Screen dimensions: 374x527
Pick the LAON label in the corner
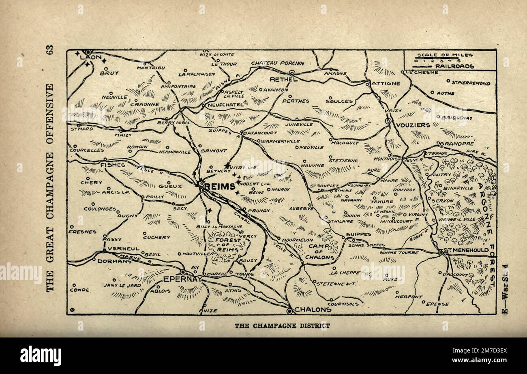pyautogui.click(x=90, y=58)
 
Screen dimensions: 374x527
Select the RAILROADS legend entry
pyautogui.click(x=454, y=66)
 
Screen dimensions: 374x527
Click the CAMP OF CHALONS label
pyautogui.click(x=321, y=251)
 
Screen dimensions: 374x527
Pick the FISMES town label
pyautogui.click(x=112, y=165)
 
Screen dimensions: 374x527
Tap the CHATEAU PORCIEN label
pyautogui.click(x=277, y=63)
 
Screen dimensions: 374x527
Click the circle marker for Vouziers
pyautogui.click(x=388, y=120)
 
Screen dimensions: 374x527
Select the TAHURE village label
pyautogui.click(x=382, y=201)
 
